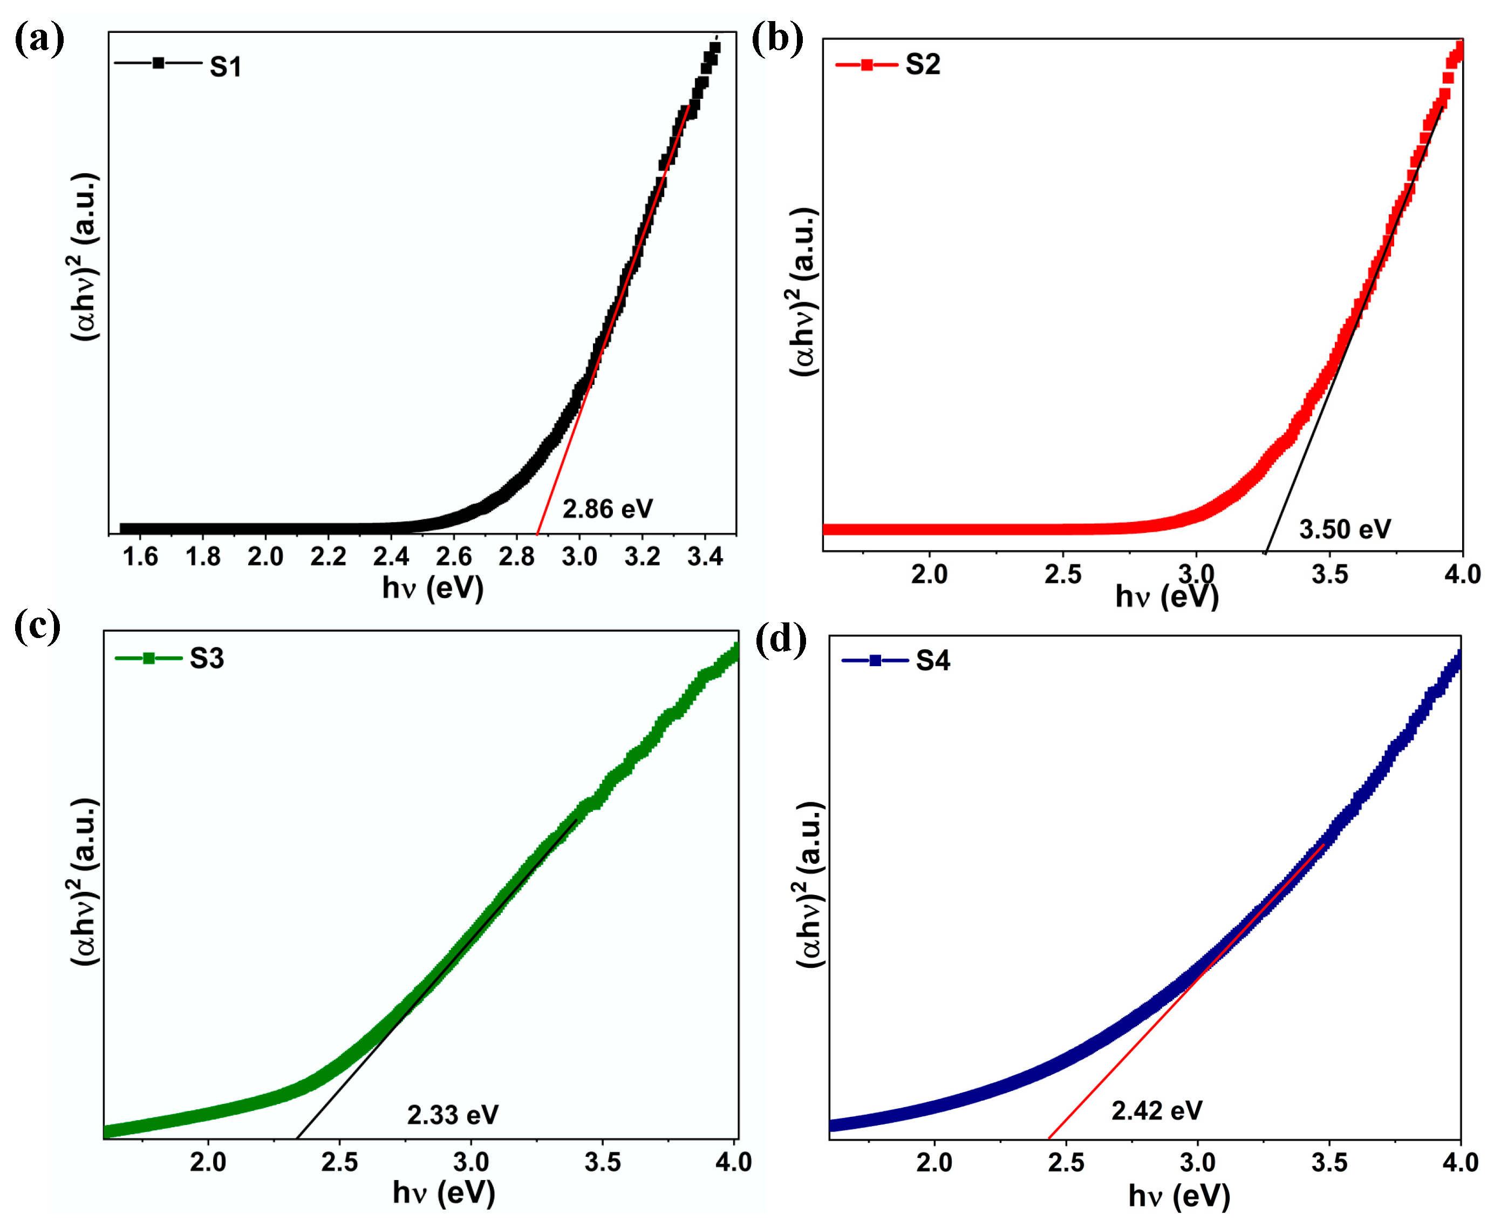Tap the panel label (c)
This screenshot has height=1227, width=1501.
click(37, 626)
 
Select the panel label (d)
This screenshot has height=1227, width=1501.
click(781, 641)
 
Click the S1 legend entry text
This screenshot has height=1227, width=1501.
click(226, 67)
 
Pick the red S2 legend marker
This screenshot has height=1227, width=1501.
click(867, 65)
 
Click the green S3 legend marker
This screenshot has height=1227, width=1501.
click(148, 658)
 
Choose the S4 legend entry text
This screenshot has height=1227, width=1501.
click(932, 661)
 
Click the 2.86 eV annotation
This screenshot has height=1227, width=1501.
click(608, 509)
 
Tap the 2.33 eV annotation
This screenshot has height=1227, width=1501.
click(453, 1115)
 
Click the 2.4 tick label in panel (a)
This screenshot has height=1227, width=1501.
click(391, 558)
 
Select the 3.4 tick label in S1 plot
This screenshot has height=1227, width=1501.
click(705, 558)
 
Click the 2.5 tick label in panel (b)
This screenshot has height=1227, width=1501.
click(1062, 574)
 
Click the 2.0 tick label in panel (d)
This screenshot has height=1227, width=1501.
click(934, 1163)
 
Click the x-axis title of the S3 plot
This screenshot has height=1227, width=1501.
click(444, 1193)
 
